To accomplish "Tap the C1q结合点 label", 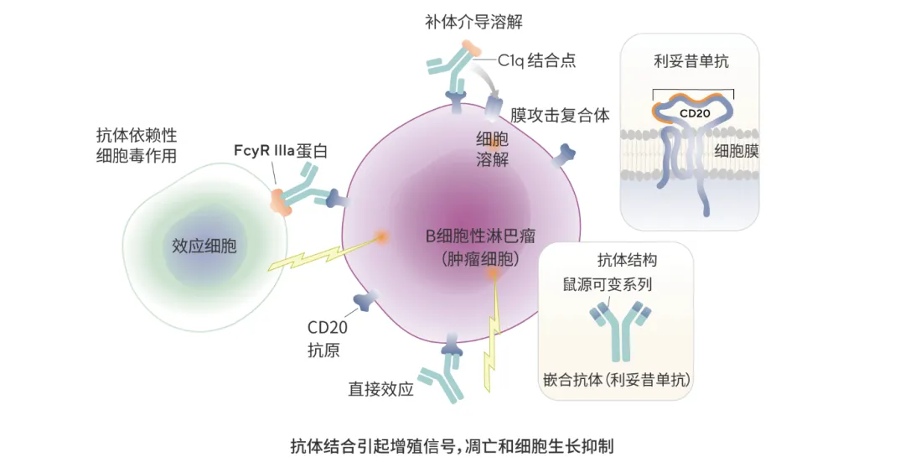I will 536,60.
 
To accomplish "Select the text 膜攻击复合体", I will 560,114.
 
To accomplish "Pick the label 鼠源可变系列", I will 607,284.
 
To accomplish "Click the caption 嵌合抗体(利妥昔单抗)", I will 616,380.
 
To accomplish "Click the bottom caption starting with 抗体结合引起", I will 452,444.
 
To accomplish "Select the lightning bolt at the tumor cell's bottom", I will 492,335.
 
